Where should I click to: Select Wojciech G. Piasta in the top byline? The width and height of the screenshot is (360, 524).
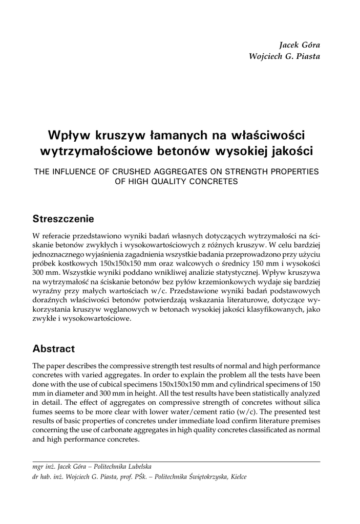tap(284, 56)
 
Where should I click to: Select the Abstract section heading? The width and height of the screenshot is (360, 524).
tap(53, 349)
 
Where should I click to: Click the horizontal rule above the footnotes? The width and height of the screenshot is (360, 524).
tap(176, 462)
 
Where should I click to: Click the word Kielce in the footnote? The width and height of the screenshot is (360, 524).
tap(237, 477)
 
